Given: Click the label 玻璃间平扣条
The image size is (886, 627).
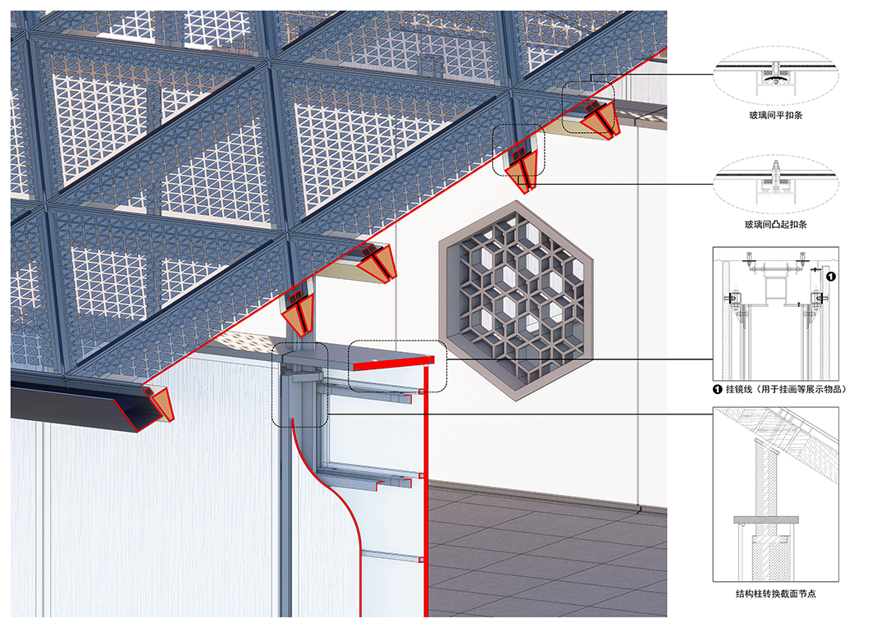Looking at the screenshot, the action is click(775, 116).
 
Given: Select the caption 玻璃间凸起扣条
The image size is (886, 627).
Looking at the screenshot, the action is click(775, 224).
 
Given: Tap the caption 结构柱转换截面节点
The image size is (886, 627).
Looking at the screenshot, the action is click(775, 593).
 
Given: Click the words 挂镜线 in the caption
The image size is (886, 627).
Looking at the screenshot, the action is click(739, 389).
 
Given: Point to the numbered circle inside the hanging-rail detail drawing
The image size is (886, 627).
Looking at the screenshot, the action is click(830, 277).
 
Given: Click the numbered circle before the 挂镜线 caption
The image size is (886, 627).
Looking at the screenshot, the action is click(718, 389).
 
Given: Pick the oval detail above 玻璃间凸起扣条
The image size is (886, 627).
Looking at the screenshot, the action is click(775, 183).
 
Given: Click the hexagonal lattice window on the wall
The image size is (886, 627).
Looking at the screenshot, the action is click(516, 300).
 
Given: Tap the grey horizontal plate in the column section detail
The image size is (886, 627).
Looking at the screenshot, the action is click(766, 519).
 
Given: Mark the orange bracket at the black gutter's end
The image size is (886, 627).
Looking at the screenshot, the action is click(161, 403).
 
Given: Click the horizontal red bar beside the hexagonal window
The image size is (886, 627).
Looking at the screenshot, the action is click(394, 363).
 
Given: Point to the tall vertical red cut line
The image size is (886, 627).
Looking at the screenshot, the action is click(426, 492).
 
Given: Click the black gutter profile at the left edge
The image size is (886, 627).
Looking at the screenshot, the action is click(79, 405).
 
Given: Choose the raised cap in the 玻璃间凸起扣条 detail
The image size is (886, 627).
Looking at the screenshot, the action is click(776, 167).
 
